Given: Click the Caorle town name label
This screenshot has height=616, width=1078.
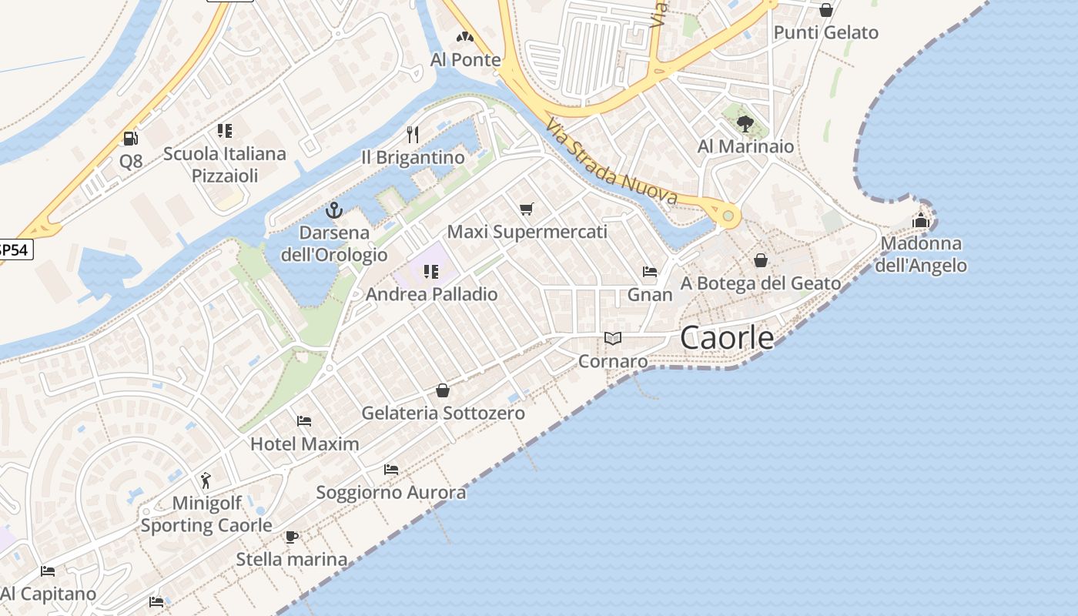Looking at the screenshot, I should (x=727, y=337).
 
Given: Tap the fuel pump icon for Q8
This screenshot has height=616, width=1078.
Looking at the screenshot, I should (x=131, y=139).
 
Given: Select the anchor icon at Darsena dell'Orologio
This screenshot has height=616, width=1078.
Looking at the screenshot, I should (x=334, y=209).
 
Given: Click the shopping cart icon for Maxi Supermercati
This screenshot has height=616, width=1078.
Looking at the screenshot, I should (x=527, y=209).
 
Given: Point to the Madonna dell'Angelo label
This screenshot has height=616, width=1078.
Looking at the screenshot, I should (x=921, y=255).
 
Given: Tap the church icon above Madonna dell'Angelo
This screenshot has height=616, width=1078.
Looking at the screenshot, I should (x=921, y=221).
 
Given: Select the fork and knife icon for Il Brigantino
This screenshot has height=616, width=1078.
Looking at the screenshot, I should (x=413, y=135).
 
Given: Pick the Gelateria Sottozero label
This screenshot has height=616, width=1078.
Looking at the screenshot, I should (x=444, y=413).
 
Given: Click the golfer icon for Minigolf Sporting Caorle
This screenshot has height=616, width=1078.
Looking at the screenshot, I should (x=205, y=481).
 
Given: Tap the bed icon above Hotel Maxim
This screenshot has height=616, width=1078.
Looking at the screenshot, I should (x=304, y=421).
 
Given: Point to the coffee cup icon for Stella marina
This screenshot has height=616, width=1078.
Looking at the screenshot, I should (x=291, y=537).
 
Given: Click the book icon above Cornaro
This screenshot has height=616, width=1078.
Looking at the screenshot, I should (x=613, y=339).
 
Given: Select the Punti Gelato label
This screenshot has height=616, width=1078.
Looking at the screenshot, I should (x=826, y=32).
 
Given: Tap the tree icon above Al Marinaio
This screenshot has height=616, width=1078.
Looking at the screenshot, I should (x=745, y=123).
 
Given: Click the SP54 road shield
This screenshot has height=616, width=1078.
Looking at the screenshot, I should (x=15, y=249).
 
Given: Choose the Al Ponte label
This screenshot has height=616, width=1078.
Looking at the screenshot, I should (x=465, y=59).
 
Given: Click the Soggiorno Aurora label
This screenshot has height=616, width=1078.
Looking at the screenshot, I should (x=391, y=493).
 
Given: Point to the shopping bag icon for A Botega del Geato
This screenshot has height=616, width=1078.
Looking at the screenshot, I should (x=761, y=261).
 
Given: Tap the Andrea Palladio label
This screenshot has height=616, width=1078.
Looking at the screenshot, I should (x=431, y=294).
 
